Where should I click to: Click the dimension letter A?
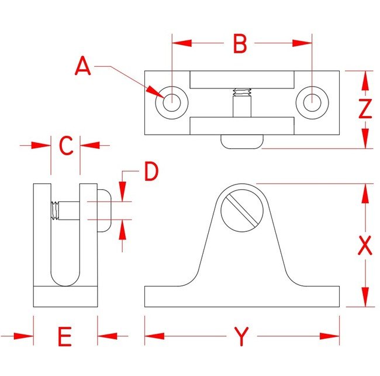click(84, 66)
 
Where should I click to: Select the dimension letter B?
click(240, 43)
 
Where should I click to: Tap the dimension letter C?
click(66, 145)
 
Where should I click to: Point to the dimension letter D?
click(151, 172)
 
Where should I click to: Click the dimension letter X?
click(365, 246)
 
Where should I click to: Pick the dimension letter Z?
click(365, 110)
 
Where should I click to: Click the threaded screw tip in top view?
click(241, 92)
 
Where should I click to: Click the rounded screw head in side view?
click(103, 210)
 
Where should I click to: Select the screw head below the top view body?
click(241, 142)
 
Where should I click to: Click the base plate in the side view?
click(65, 296)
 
